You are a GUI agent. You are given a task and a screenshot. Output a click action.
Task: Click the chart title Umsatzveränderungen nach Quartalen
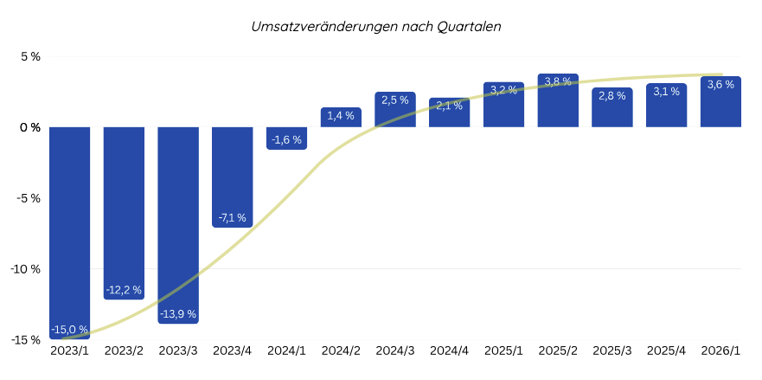375,27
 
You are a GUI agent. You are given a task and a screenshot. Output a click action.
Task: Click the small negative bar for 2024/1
286,138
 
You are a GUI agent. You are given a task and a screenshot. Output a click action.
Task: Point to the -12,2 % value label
124,289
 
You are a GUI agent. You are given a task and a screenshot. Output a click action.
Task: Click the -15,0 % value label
69,330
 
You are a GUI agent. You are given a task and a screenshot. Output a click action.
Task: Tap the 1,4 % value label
341,116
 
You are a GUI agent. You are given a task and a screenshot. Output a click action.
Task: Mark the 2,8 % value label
612,96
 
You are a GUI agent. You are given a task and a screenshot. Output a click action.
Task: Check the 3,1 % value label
666,92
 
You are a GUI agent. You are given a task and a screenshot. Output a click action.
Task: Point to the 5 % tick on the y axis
30,57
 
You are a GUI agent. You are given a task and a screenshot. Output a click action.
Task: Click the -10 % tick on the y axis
26,269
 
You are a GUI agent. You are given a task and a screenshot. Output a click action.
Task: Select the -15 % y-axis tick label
26,339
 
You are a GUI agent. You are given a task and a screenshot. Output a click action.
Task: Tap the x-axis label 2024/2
341,351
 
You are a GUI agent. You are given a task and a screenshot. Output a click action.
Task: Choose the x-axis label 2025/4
666,351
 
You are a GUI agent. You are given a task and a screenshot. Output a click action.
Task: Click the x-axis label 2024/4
449,351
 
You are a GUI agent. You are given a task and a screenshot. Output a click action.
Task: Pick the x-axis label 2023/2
124,351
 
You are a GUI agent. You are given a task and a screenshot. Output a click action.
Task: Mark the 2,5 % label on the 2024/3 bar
394,100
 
